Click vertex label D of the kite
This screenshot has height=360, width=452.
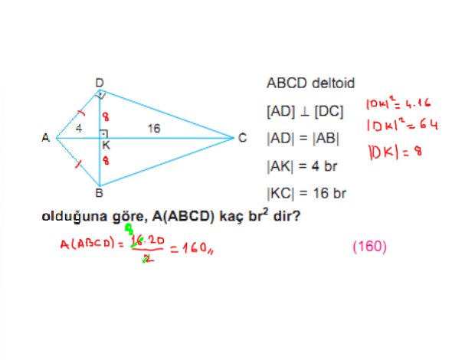(x=100, y=83)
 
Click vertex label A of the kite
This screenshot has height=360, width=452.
(x=45, y=138)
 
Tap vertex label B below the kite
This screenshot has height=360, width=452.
(x=99, y=193)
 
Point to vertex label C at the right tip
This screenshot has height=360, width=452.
(x=243, y=138)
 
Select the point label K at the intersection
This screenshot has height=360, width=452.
(x=106, y=146)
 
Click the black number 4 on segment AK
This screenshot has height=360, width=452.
(x=79, y=128)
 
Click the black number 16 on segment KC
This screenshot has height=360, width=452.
(x=154, y=129)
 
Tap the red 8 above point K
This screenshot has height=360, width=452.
(x=106, y=116)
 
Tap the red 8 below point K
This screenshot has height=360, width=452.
(x=106, y=160)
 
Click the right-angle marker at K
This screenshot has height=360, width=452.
(x=103, y=134)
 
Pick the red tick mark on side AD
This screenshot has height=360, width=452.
(x=81, y=113)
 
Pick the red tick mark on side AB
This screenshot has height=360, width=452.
(x=78, y=164)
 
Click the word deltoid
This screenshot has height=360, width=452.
(x=333, y=83)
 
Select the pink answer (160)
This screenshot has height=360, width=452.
(x=370, y=247)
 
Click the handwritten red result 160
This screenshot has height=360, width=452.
(x=195, y=247)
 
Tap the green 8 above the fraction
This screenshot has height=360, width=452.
(x=129, y=229)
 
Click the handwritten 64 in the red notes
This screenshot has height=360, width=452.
(x=429, y=125)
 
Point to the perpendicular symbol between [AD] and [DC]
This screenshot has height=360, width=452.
(x=305, y=112)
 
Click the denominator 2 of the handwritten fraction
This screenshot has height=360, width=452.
(x=148, y=259)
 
